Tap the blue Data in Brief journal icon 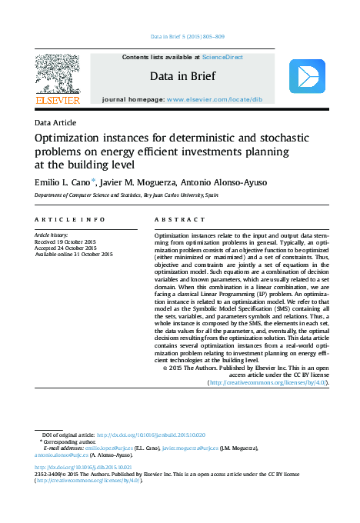(x=307, y=77)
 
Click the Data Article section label (x=55, y=123)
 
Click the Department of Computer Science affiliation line (x=126, y=196)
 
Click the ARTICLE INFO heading (x=70, y=219)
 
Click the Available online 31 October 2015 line (x=74, y=255)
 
